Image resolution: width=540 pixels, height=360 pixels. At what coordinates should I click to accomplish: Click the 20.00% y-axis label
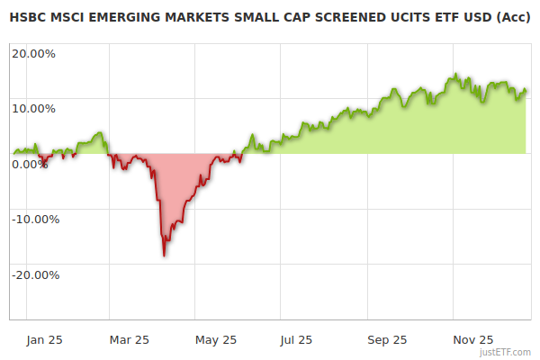(x=33, y=53)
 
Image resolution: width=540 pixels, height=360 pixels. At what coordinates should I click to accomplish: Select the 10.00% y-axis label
(x=33, y=109)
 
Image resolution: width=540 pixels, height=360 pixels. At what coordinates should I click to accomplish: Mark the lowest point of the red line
(x=164, y=256)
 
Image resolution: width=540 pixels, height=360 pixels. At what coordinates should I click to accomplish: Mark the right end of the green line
(x=526, y=90)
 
